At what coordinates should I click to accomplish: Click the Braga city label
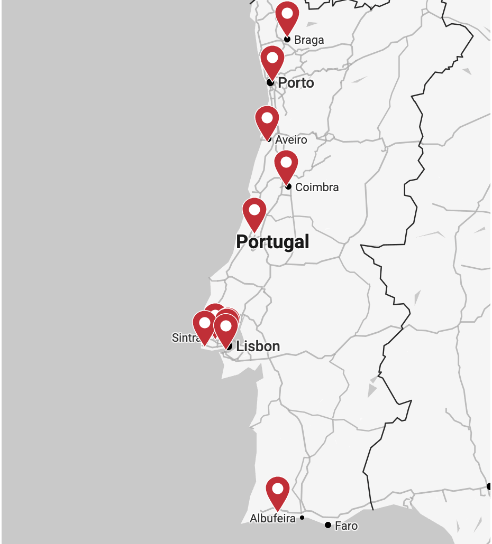(309, 40)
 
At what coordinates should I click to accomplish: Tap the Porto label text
(296, 83)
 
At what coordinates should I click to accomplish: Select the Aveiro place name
(291, 140)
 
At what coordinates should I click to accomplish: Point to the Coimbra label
(317, 187)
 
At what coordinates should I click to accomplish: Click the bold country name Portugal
(272, 242)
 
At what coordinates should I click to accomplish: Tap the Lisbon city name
(258, 346)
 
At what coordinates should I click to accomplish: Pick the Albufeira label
(272, 519)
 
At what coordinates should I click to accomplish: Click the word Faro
(346, 526)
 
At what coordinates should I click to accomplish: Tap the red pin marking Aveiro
(267, 120)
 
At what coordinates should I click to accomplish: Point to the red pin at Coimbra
(286, 165)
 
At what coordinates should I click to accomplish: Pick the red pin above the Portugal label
(254, 212)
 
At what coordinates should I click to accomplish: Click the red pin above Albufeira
(277, 491)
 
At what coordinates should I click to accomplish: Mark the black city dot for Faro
(328, 525)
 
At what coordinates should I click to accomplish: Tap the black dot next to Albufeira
(302, 518)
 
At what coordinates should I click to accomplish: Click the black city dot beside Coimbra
(288, 186)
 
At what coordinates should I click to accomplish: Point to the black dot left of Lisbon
(229, 346)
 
